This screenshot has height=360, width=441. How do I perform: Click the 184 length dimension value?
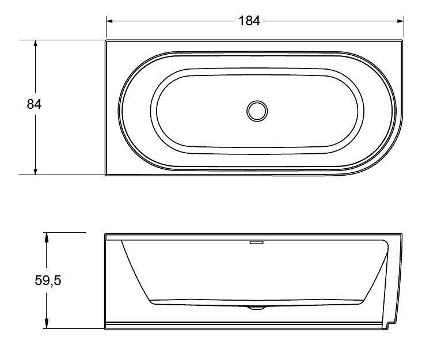coord(249,21)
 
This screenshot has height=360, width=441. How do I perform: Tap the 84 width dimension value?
coord(34,104)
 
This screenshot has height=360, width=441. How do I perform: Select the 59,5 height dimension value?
coord(48,281)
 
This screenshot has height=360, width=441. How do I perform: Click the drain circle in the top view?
coord(257,111)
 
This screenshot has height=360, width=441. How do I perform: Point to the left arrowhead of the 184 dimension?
coord(109,21)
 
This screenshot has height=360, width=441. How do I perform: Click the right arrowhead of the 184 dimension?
coord(400,21)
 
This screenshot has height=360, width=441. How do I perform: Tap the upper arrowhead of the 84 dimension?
coord(35,43)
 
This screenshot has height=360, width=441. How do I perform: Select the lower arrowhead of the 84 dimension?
coord(35,172)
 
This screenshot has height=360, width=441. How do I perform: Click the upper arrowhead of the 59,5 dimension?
coord(47,236)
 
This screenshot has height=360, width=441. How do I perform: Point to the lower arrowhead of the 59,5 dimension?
coord(47,325)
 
